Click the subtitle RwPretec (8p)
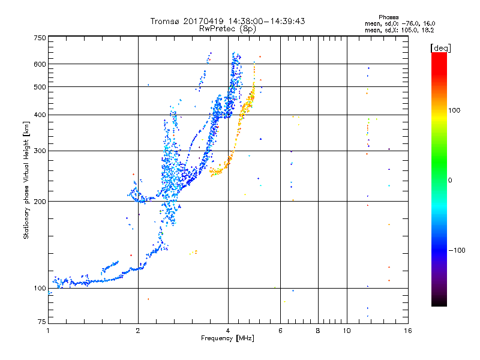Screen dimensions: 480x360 227,29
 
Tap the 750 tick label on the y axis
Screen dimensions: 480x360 40,38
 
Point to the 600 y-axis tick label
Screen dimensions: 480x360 40,64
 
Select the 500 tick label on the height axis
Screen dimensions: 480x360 40,87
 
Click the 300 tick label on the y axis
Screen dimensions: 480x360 40,151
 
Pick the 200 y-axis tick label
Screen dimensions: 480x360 40,202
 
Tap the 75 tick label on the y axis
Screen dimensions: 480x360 42,322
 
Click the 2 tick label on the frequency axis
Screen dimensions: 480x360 138,331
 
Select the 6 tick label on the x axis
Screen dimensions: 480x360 280,331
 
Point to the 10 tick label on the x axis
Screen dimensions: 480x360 347,331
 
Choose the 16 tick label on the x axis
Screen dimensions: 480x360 408,331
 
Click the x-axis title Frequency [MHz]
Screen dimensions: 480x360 227,338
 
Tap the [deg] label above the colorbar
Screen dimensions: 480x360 440,48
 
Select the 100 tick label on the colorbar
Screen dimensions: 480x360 454,110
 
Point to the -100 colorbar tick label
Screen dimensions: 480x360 457,250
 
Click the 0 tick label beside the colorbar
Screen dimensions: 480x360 450,181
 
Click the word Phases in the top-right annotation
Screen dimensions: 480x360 388,17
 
